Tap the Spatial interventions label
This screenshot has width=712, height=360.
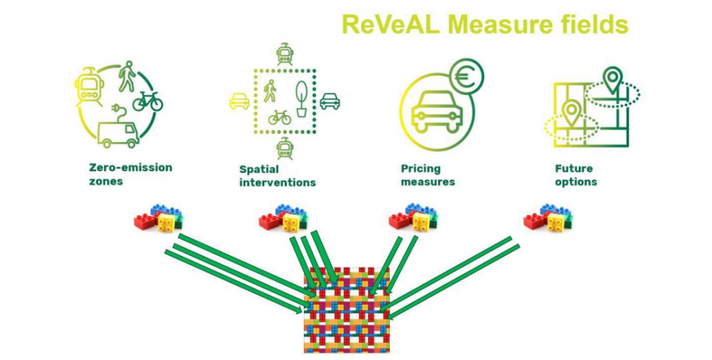tap(277, 175)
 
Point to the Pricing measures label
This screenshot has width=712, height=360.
tap(428, 175)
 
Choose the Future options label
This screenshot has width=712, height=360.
tap(576, 175)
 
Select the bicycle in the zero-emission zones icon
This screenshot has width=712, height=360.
tap(147, 101)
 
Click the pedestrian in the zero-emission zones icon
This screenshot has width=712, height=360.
tap(127, 75)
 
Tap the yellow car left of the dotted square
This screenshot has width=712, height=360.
tap(239, 101)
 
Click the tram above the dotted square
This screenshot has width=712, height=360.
tap(284, 54)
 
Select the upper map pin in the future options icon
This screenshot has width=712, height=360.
tap(612, 79)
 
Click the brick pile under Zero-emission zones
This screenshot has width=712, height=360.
tap(159, 218)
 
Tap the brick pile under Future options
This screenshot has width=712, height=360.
tap(547, 218)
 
